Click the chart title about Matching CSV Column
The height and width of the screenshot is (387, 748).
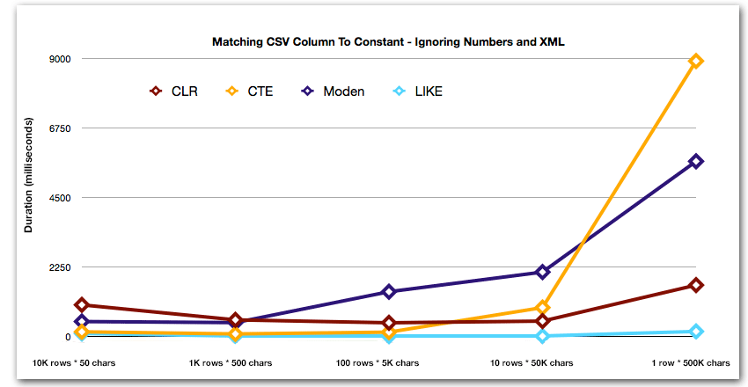click(x=393, y=41)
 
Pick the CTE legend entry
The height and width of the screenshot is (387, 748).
click(x=250, y=91)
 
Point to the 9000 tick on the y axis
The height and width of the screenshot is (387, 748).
click(x=58, y=59)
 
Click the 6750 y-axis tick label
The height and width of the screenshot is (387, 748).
click(x=58, y=128)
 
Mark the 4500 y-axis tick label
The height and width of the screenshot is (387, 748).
click(x=58, y=198)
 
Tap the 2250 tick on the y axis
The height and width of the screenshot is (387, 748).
click(x=58, y=267)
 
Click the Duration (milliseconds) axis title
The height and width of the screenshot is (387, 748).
click(x=28, y=173)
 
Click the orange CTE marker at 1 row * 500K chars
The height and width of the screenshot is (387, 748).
click(x=696, y=61)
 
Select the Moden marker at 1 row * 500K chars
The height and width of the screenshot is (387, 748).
click(x=696, y=161)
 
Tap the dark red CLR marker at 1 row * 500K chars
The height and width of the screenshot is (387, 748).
click(x=696, y=285)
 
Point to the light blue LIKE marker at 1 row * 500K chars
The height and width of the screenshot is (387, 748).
click(x=696, y=332)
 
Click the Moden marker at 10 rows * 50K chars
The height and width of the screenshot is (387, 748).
click(x=542, y=272)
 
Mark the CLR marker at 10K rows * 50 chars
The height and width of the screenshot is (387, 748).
click(x=82, y=305)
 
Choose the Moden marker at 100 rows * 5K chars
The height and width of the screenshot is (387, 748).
click(x=388, y=292)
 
